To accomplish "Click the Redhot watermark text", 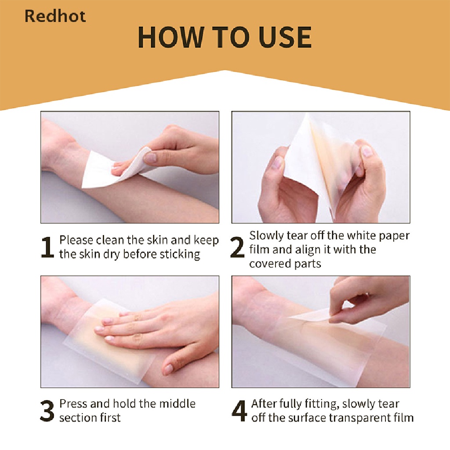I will (x=55, y=16).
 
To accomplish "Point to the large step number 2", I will (x=237, y=249).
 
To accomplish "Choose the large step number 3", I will (x=47, y=411).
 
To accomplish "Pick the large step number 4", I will (x=239, y=411).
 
